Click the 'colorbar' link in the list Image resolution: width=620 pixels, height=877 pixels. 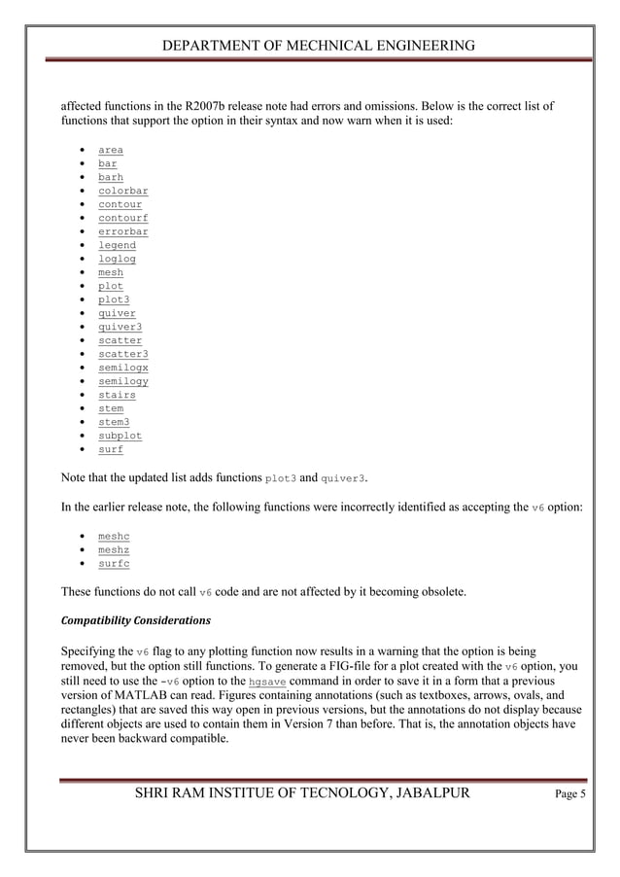coord(122,192)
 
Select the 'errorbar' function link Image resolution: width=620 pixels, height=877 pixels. coord(122,232)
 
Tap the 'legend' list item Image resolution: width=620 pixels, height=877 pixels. coord(117,246)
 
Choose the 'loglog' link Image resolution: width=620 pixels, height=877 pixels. coord(117,260)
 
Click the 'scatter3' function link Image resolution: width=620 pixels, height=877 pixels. coord(122,355)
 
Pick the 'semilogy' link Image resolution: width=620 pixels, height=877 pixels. coord(122,382)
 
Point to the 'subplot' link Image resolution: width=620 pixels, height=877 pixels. coord(120,437)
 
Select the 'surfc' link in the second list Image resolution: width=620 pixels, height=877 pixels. coord(114,563)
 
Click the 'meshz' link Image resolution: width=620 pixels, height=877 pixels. coord(114,549)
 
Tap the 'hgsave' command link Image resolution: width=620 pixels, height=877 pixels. coord(267,683)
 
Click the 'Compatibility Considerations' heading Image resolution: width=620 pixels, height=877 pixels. coord(135,619)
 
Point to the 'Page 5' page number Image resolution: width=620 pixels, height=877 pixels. coord(570,794)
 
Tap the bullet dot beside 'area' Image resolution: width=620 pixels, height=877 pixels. coord(78,151)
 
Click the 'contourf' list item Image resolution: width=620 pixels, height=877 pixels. coord(122,219)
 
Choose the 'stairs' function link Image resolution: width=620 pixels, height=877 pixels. coord(117,396)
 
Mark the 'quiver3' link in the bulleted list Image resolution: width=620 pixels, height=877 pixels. coord(120,328)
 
